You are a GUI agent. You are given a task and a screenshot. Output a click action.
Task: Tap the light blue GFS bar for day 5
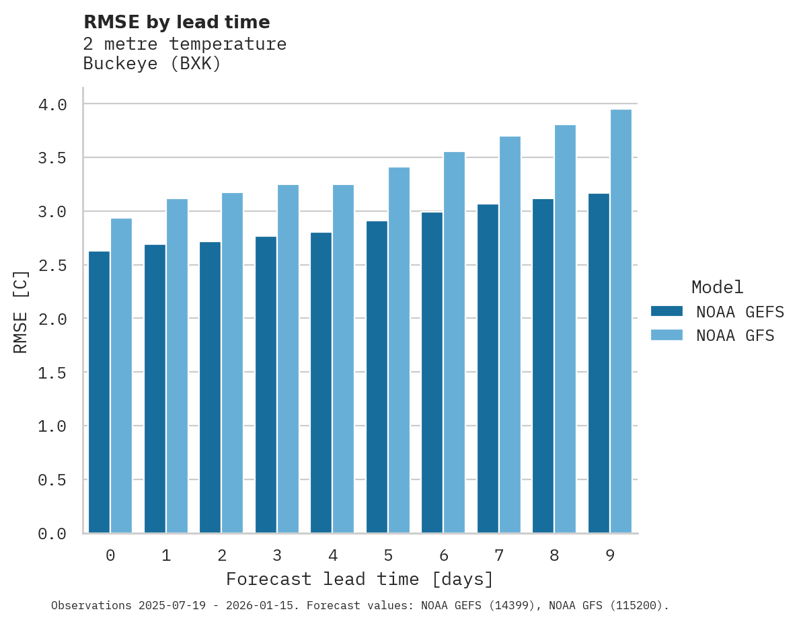pos(399,350)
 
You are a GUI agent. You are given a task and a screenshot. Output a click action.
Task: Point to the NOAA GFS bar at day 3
pos(288,359)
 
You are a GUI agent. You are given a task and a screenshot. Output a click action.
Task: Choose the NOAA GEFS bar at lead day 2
pos(210,387)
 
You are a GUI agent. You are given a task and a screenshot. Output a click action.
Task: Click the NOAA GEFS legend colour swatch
pos(667,311)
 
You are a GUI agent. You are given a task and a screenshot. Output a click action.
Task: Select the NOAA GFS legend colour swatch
pos(667,335)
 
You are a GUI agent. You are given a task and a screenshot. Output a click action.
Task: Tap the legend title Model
pos(717,287)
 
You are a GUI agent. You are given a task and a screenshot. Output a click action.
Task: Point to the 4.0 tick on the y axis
pos(52,105)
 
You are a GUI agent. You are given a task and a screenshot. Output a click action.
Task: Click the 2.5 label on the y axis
pos(52,266)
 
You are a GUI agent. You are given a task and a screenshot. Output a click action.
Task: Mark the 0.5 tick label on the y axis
pos(52,480)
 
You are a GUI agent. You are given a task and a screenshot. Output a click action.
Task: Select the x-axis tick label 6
pos(444,555)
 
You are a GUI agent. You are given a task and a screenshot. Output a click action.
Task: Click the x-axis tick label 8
pos(554,555)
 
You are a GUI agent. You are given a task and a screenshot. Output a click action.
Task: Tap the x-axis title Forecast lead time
pos(360,579)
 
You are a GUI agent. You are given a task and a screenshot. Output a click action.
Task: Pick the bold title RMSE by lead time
pos(176,22)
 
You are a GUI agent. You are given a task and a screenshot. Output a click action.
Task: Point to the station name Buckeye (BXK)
pos(152,64)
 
